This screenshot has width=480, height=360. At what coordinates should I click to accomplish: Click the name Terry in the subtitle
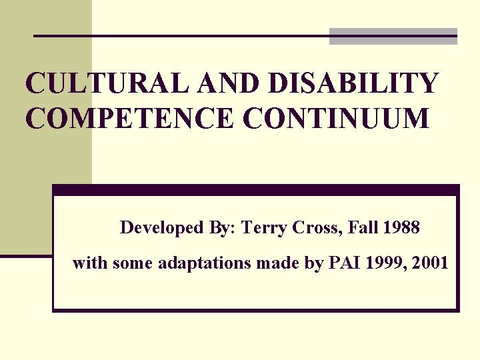[x=263, y=228]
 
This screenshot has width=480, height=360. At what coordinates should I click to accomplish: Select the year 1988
[x=401, y=228]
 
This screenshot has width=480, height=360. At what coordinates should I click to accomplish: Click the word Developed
[x=162, y=228]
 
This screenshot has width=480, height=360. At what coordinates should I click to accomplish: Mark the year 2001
[x=431, y=263]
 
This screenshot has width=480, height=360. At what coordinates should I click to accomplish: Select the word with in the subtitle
[x=90, y=263]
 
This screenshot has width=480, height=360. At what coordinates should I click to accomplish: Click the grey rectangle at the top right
[x=393, y=37]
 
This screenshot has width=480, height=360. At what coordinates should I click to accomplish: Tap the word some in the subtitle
[x=133, y=263]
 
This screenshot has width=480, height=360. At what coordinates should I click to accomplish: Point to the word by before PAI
[x=313, y=263]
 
